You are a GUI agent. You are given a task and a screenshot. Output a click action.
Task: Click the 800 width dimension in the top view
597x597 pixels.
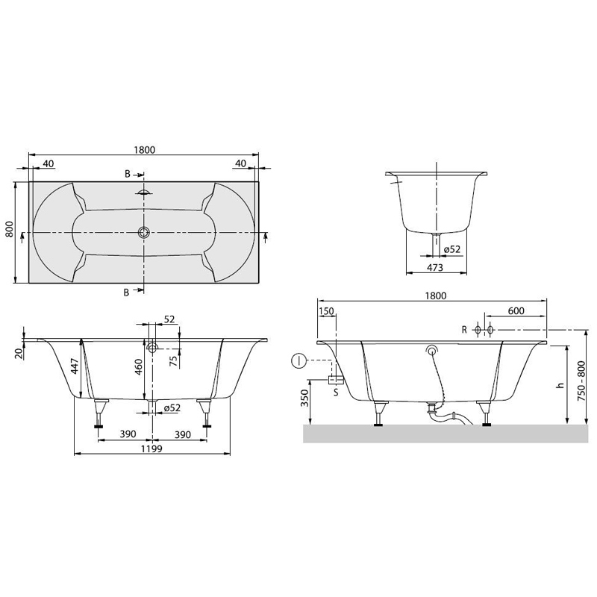coord(10,229)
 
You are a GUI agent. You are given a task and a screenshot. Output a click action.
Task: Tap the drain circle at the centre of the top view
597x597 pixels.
coord(143,232)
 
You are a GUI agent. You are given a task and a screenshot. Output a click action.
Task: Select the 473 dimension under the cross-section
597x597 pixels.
coord(435,267)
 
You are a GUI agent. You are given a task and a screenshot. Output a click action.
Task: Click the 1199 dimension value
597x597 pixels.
coord(151,448)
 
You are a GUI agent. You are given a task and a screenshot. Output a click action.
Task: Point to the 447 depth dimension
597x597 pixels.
coord(75,366)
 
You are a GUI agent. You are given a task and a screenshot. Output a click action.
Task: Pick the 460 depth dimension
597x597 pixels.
coord(139,366)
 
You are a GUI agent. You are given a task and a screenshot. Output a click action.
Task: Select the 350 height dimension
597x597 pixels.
coord(304,398)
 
